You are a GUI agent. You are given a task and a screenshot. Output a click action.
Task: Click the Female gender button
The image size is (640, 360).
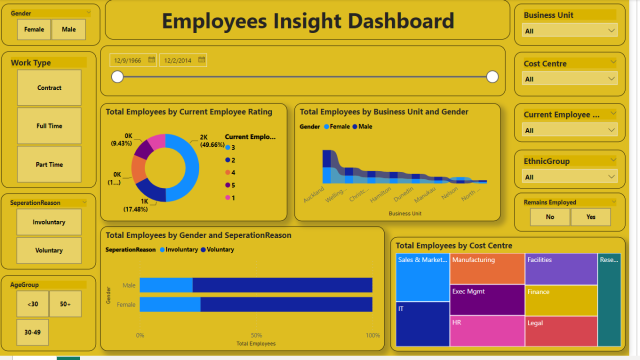33,30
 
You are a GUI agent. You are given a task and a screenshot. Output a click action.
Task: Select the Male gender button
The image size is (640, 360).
68,30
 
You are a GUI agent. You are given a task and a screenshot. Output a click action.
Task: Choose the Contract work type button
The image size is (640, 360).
49,88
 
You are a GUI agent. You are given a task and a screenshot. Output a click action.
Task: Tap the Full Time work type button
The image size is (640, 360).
49,126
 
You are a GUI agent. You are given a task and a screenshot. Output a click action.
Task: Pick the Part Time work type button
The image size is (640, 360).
49,164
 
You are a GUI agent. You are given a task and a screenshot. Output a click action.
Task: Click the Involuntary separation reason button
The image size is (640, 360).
49,222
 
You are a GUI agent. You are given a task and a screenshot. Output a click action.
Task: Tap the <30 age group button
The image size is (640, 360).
33,303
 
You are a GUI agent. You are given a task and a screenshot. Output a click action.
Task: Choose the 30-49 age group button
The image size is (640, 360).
33,331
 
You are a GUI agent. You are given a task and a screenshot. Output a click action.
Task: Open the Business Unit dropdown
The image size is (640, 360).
569,31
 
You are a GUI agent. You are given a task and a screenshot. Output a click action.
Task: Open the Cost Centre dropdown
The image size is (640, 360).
569,79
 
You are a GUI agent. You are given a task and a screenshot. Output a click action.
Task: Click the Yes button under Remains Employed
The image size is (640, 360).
590,216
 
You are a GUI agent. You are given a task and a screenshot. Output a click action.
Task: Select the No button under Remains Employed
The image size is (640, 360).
549,216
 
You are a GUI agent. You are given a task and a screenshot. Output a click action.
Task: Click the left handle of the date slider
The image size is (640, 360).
118,77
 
